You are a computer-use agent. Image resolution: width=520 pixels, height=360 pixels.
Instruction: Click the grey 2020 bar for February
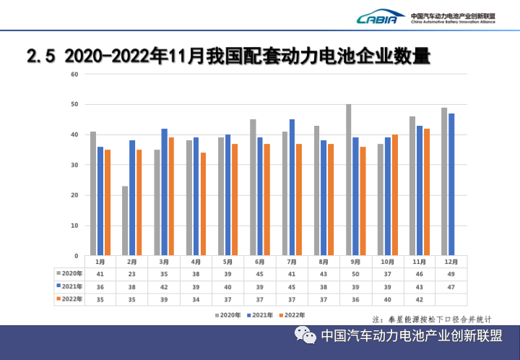(125, 220)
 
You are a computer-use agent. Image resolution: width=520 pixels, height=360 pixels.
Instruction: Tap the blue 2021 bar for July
(292, 187)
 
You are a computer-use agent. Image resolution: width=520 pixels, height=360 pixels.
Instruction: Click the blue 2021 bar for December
(451, 184)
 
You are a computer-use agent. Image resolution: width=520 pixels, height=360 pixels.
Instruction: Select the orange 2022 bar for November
(427, 192)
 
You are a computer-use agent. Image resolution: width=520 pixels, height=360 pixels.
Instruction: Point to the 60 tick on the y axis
(74, 74)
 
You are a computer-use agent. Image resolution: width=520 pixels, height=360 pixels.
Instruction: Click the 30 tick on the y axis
(74, 165)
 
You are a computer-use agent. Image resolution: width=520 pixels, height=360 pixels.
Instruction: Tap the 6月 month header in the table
(259, 262)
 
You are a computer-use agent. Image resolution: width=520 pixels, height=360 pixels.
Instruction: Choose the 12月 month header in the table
(451, 262)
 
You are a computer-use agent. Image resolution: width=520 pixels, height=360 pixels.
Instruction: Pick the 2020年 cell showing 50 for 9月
(355, 274)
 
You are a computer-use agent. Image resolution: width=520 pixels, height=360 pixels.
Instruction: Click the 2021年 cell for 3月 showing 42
(164, 286)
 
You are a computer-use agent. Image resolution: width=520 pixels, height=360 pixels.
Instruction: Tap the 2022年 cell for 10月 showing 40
(387, 299)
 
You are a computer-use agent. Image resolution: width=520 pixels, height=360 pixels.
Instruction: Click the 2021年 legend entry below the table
(260, 315)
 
